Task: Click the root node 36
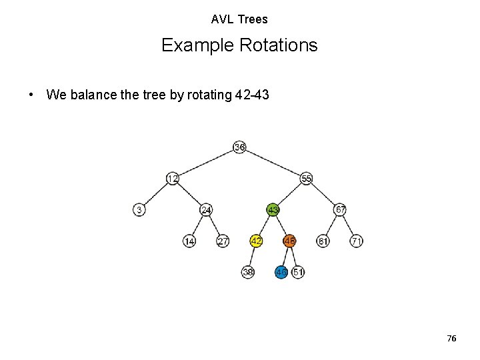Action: [x=240, y=147]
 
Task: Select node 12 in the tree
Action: [x=173, y=178]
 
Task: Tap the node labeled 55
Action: [x=307, y=178]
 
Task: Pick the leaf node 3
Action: [x=139, y=210]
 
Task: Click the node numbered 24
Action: [x=207, y=210]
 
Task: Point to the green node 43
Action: [x=273, y=210]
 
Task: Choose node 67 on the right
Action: [x=340, y=210]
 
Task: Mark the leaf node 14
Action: [x=189, y=241]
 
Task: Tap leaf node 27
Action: [x=223, y=241]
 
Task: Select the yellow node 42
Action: [x=256, y=241]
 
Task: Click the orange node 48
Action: [x=289, y=241]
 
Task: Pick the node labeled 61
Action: [x=323, y=241]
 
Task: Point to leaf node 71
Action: [x=357, y=241]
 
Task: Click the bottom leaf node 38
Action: [x=248, y=272]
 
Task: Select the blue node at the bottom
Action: [x=281, y=272]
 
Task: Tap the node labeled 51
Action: [x=298, y=272]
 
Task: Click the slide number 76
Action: [x=451, y=339]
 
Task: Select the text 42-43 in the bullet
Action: [x=252, y=95]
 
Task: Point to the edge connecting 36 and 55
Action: [x=273, y=162]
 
